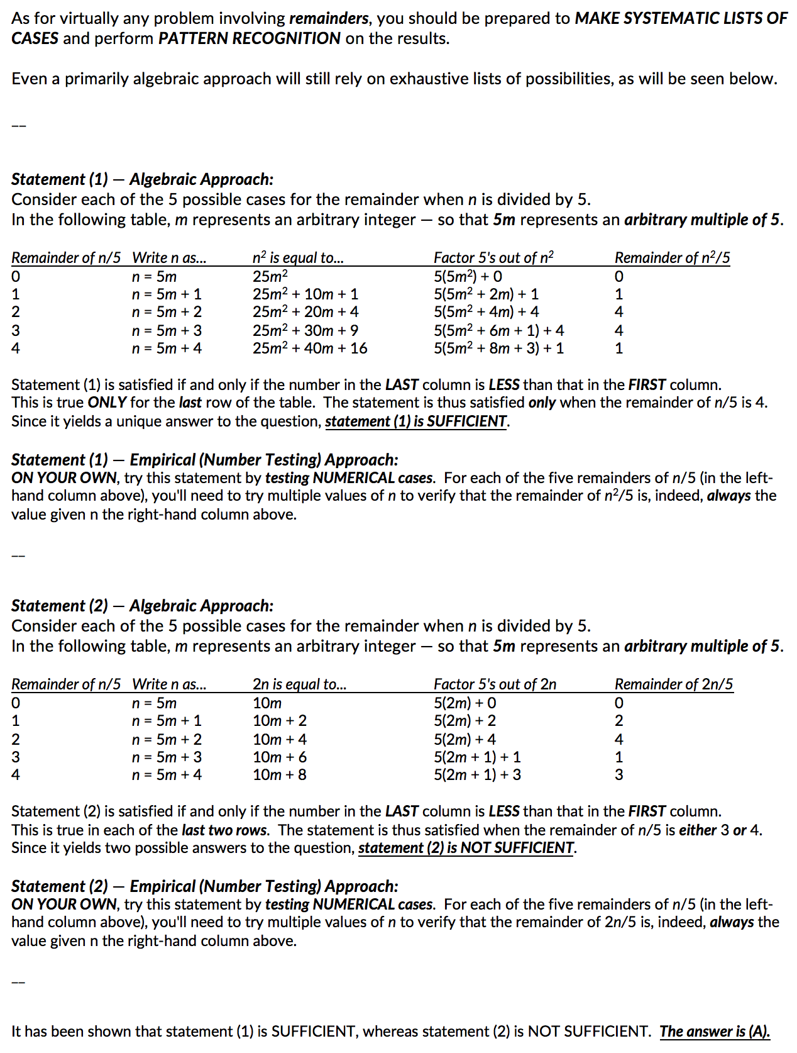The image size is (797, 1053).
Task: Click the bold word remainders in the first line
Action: (328, 18)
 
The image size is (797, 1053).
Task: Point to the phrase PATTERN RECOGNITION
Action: (249, 38)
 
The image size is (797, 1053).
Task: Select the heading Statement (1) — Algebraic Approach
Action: (142, 179)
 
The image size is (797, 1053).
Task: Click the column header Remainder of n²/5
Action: (672, 257)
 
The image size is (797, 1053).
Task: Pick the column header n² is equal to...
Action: (297, 257)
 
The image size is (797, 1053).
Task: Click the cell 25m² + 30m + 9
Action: (305, 330)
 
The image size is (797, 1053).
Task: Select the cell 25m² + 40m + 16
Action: (310, 348)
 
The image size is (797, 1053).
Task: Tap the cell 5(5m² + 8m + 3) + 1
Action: (498, 348)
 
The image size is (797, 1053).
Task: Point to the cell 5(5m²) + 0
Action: (468, 276)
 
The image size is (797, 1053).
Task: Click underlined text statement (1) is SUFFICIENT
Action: (416, 421)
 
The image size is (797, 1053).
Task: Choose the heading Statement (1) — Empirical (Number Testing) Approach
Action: (204, 460)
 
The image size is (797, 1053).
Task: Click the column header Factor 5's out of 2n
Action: (495, 684)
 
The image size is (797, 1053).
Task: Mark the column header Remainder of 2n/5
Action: (673, 684)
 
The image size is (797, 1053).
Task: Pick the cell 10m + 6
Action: (280, 757)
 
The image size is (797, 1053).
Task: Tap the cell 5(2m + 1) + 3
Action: (477, 774)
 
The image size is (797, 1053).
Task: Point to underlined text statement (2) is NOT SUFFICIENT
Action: (466, 848)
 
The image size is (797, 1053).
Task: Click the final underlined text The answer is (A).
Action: (714, 1032)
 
